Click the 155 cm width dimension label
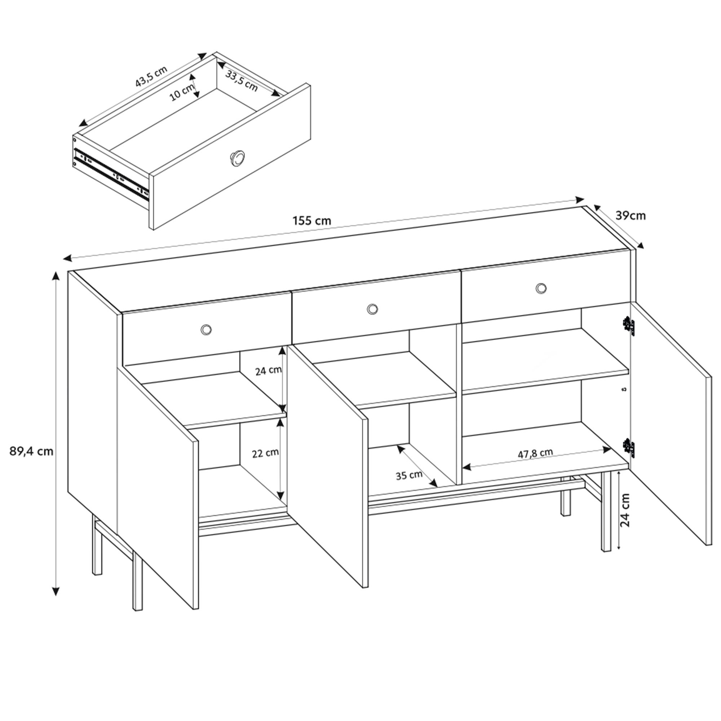coord(312,221)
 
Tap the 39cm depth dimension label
coord(630,216)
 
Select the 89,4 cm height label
coord(31,452)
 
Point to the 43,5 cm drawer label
coord(151,76)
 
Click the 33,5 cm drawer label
coord(242,81)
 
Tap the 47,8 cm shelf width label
coord(535,454)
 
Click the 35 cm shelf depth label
coord(409,475)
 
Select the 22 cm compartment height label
coord(265,453)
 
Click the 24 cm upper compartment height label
coord(268,371)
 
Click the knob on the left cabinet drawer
coord(206,329)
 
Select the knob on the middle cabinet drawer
coord(372,308)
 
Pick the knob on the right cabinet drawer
coord(541,288)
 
